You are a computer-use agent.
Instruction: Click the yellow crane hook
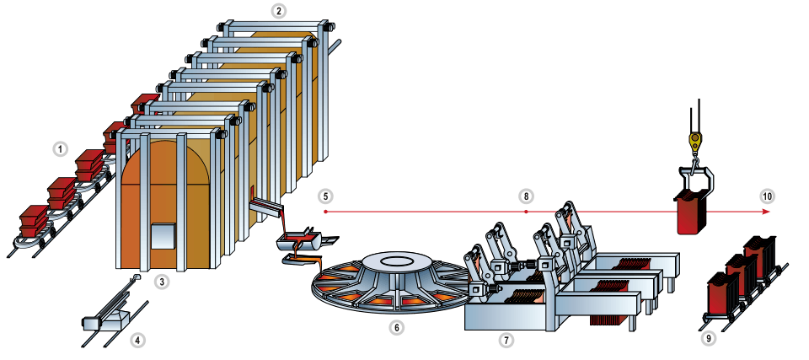(x=695, y=141)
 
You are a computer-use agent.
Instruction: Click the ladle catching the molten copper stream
(x=297, y=242)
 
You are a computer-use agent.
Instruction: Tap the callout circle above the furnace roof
(x=279, y=11)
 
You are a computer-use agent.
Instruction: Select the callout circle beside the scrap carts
(x=60, y=149)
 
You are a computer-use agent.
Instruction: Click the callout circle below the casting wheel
(x=397, y=326)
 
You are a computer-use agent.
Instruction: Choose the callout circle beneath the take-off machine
(x=506, y=341)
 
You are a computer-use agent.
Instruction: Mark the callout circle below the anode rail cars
(x=709, y=339)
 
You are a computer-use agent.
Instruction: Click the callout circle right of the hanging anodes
(x=767, y=196)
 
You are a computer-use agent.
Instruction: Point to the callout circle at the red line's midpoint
(x=526, y=196)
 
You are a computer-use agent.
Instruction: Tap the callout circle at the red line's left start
(x=326, y=196)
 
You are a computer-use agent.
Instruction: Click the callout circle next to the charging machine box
(x=137, y=341)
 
